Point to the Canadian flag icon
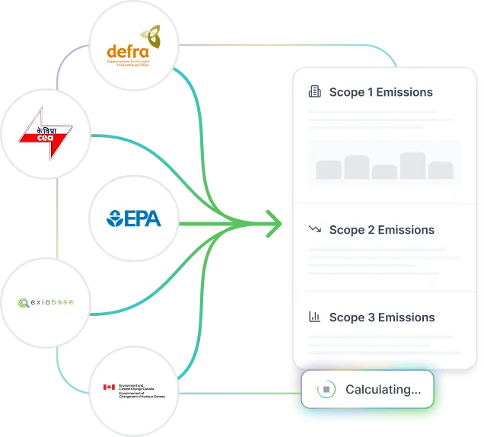coord(109,388)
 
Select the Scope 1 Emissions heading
coord(381,92)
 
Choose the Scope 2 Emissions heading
coord(381,230)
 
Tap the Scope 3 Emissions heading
coord(381,317)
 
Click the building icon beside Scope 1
coord(314,92)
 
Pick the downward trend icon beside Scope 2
coord(314,230)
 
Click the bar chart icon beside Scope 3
coord(314,317)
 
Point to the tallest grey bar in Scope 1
coord(412,166)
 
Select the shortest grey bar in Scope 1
coord(384,172)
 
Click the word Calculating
coord(383,390)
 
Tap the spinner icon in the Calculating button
coord(325,390)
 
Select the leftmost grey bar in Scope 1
coord(329,170)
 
